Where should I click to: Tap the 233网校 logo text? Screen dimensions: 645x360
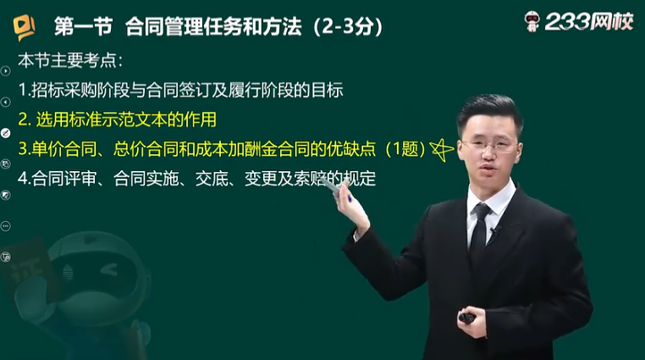[589, 21]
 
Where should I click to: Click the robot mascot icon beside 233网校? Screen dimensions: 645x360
[532, 21]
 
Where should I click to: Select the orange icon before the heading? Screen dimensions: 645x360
[24, 27]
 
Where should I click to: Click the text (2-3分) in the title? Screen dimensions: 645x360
[349, 27]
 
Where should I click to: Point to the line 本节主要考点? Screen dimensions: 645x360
[70, 60]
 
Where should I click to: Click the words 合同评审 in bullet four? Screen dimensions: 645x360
[63, 179]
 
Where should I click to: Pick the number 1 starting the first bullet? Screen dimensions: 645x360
[23, 90]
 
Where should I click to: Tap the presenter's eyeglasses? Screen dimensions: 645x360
[488, 146]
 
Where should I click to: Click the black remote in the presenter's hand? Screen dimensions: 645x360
[467, 318]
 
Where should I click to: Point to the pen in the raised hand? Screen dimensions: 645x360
[338, 188]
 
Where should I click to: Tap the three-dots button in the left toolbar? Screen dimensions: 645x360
[5, 226]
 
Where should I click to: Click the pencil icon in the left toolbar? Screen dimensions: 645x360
[5, 133]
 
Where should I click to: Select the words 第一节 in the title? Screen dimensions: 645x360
[84, 27]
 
